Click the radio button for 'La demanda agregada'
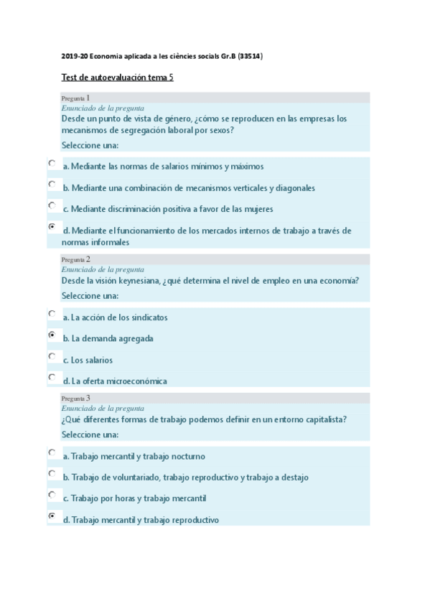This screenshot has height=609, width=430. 51,335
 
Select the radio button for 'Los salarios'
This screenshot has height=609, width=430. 51,355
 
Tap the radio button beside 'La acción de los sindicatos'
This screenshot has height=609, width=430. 51,313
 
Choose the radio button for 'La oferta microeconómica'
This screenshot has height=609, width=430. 51,376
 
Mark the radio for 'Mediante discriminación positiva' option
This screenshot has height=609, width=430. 51,205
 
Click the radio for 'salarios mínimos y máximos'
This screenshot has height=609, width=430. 51,163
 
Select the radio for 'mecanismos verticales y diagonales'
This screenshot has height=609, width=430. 51,184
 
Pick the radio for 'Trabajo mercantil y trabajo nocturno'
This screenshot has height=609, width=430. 51,452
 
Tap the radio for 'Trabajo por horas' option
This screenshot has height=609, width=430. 51,495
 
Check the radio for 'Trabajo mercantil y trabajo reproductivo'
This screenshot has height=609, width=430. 51,516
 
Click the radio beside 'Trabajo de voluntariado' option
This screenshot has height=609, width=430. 51,473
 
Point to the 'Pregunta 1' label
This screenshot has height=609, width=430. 75,97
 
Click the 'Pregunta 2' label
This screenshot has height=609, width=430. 75,259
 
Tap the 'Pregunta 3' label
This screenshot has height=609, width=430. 75,397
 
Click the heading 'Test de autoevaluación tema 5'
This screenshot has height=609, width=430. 117,77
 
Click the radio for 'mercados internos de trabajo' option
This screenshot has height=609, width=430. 51,226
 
